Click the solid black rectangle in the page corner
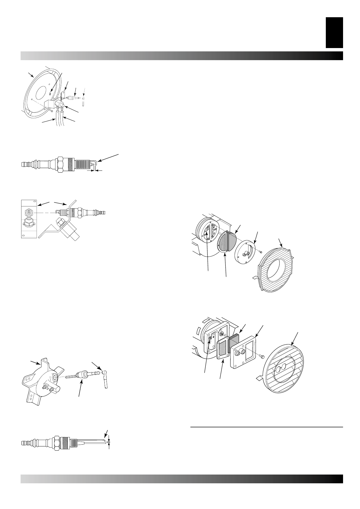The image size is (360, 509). [334, 32]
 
